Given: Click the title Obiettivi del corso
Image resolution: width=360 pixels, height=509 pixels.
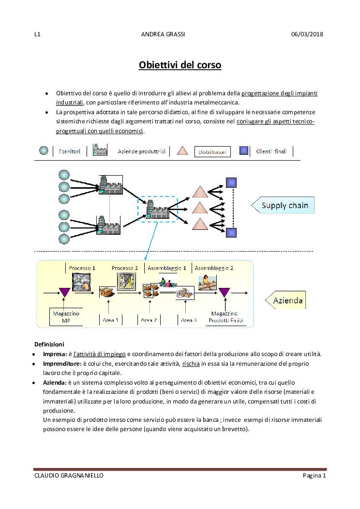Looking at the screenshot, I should pyautogui.click(x=180, y=64).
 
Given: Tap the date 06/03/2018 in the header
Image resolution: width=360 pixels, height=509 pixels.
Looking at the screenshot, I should pyautogui.click(x=307, y=34).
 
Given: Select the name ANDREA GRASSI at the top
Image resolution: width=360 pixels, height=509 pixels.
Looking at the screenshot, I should pyautogui.click(x=163, y=34).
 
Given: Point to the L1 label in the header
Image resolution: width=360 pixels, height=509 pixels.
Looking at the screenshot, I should pyautogui.click(x=37, y=34).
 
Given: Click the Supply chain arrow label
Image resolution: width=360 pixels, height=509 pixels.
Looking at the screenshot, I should pyautogui.click(x=284, y=206).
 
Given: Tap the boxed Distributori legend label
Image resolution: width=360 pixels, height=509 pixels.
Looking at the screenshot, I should pyautogui.click(x=213, y=152).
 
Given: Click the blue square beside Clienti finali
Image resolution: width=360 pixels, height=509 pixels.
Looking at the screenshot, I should pyautogui.click(x=244, y=150).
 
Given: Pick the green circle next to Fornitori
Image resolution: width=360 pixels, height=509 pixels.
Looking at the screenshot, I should pyautogui.click(x=44, y=151).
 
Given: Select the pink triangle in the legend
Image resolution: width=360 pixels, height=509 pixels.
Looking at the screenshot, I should pyautogui.click(x=182, y=151).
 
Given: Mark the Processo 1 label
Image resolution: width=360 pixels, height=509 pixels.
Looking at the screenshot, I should pyautogui.click(x=82, y=268).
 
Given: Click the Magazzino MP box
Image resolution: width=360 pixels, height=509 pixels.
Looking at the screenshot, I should pyautogui.click(x=66, y=317).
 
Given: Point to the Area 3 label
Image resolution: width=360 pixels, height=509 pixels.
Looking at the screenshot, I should pyautogui.click(x=189, y=320).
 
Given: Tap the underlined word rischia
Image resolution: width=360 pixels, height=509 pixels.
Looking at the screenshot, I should pyautogui.click(x=191, y=363).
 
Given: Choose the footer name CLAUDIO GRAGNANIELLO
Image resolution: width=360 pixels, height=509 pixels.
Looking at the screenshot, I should pyautogui.click(x=69, y=476).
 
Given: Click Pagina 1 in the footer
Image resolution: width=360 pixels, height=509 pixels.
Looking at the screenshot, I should pyautogui.click(x=315, y=476).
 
